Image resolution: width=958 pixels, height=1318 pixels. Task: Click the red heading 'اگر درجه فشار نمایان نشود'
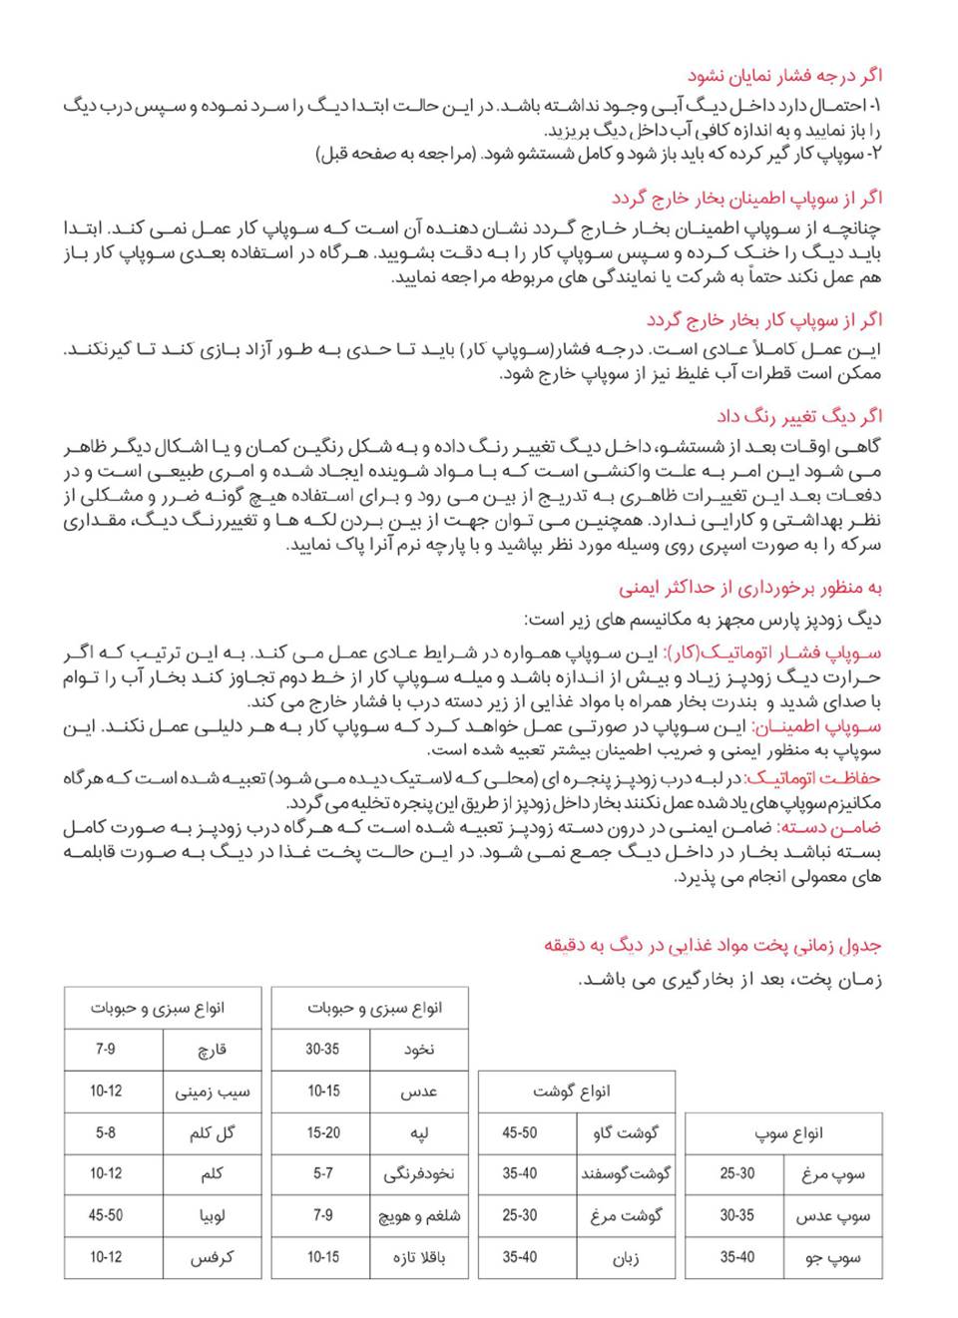784,76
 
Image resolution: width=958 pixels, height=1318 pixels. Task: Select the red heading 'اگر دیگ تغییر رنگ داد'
799,416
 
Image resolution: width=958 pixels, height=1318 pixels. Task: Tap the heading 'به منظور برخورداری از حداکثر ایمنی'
749,588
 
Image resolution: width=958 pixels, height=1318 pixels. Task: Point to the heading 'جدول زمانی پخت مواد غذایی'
713,945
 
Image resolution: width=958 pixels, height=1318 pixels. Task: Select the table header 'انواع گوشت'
576,1092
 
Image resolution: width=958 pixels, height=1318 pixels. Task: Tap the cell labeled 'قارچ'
212,1050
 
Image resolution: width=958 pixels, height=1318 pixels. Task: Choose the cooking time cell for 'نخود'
322,1050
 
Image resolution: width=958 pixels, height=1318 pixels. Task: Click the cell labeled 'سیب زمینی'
212,1092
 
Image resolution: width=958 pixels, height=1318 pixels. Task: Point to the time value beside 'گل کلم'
106,1133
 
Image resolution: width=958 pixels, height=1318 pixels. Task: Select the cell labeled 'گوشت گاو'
626,1133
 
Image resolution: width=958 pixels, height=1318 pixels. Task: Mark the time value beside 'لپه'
322,1133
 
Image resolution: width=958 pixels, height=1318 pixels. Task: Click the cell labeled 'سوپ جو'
833,1258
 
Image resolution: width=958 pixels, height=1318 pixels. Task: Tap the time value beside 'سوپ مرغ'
737,1174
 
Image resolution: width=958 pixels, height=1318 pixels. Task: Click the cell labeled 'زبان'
626,1258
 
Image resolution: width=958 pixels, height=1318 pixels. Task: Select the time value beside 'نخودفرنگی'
322,1174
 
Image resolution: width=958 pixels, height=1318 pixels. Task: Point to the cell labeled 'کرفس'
212,1258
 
